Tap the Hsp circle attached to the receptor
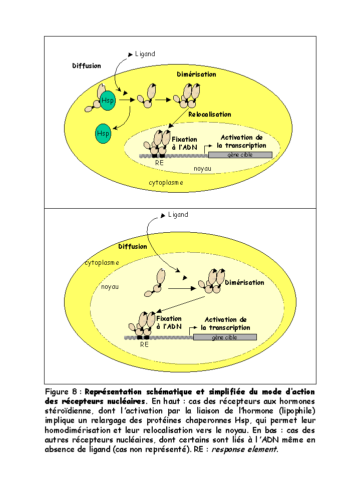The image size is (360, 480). point(108,101)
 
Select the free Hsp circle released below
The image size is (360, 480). point(103,134)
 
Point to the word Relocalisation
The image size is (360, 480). point(210,115)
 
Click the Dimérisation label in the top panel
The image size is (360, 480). point(196,75)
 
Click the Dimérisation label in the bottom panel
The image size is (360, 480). point(244,283)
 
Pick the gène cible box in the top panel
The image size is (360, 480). point(240,155)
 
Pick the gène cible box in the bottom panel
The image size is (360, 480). point(225,337)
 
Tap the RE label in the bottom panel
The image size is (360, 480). point(145,345)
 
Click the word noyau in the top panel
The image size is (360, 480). point(202,169)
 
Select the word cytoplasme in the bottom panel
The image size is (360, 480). point(102,262)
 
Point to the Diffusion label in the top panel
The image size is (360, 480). point(87,66)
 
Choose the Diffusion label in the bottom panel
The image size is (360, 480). point(133,247)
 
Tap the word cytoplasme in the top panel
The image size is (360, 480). point(166,183)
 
